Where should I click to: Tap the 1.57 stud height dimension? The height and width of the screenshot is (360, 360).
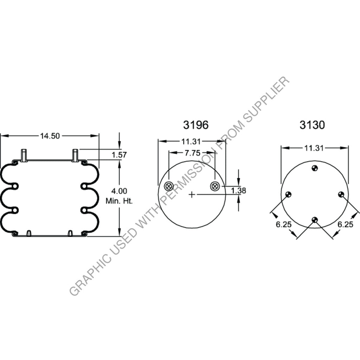(119, 155)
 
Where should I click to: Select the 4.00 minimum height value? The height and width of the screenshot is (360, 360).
(119, 191)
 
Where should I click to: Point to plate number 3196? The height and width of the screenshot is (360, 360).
(195, 125)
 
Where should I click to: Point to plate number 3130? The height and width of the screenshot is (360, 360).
(312, 125)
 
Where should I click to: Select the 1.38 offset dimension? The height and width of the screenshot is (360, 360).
(238, 191)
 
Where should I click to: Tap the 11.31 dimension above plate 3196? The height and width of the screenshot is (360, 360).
(191, 142)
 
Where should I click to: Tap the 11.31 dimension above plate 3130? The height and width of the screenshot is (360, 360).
(314, 148)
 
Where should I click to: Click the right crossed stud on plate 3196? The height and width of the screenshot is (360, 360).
(214, 186)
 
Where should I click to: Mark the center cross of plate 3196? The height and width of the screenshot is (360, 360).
(191, 194)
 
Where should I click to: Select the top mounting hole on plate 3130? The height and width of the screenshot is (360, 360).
(315, 168)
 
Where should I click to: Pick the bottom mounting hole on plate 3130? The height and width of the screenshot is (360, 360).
(315, 220)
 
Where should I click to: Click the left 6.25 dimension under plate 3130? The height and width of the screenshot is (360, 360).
(283, 224)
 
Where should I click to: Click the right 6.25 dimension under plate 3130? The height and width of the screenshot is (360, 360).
(345, 224)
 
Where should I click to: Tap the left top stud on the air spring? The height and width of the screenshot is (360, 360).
(24, 155)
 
